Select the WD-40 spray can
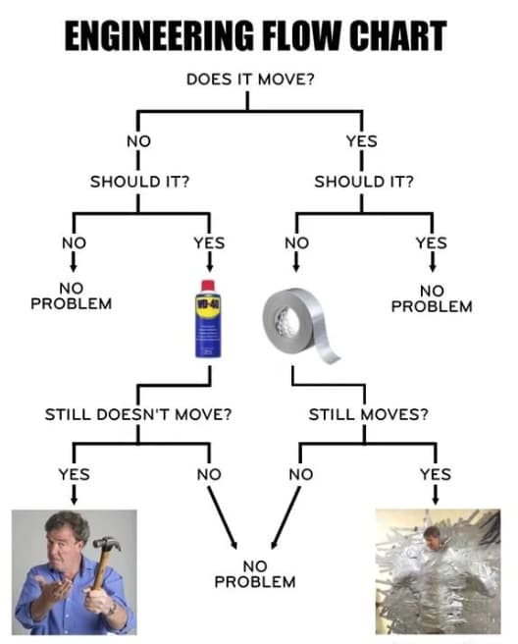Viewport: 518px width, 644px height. pos(208,319)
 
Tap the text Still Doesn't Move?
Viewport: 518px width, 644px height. pos(138,413)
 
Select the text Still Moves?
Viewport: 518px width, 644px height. pos(369,413)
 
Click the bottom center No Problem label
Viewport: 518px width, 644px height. pos(255,573)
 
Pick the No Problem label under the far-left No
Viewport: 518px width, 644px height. pos(71,295)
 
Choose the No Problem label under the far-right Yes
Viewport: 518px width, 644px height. pos(432,297)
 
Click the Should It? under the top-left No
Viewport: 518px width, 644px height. pos(139,181)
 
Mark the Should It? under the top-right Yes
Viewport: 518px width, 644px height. pos(364,181)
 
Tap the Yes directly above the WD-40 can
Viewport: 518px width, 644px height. pos(208,241)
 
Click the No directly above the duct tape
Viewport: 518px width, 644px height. pos(296,241)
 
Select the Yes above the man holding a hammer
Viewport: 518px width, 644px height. pos(74,473)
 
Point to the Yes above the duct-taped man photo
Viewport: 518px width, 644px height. pos(435,473)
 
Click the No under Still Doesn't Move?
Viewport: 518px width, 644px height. pos(208,473)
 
